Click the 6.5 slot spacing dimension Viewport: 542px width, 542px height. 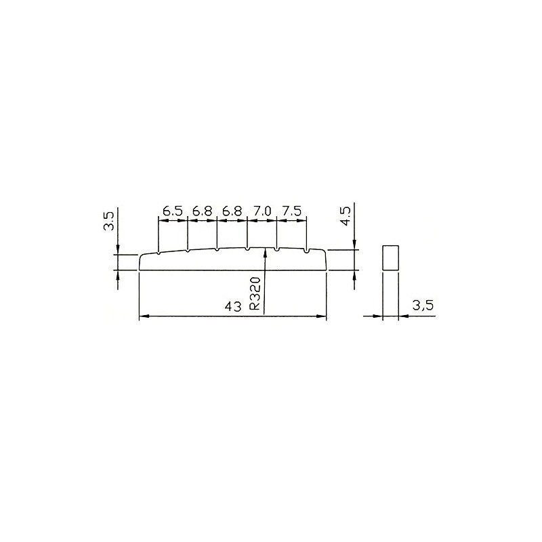tap(173, 211)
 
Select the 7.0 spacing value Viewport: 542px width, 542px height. tap(262, 211)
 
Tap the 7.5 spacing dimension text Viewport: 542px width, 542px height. tap(292, 211)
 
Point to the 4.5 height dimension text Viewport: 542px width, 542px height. tap(346, 216)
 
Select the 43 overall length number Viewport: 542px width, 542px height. tap(233, 306)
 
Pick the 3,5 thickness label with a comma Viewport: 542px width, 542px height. tap(423, 306)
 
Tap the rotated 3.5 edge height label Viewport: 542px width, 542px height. tap(108, 222)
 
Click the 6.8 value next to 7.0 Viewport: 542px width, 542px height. tap(232, 211)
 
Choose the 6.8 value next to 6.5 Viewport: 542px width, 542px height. tap(202, 211)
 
